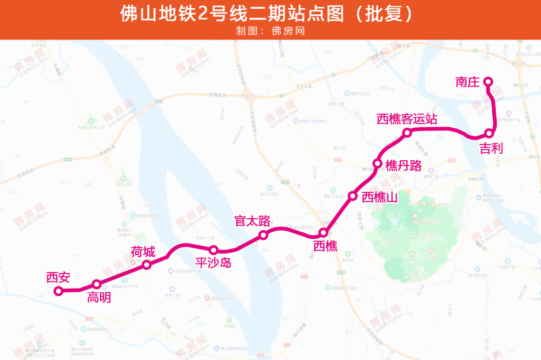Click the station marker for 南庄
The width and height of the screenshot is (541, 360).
487,82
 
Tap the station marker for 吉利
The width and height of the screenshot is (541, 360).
489,133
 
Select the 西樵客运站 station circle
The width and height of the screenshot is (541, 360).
407,133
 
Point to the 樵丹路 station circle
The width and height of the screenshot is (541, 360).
378,163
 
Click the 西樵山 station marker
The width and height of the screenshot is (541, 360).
353,196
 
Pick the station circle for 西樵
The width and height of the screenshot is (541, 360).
323,233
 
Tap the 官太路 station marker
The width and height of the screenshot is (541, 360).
263,235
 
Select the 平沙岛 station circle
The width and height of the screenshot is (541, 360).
214,250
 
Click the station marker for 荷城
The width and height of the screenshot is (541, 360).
147,264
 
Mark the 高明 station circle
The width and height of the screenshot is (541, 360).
96,284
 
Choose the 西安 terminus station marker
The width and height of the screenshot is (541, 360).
58,291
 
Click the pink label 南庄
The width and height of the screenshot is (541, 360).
467,82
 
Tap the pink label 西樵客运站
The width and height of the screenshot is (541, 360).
407,119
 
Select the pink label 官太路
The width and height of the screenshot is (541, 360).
252,221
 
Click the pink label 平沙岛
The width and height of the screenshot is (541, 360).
213,263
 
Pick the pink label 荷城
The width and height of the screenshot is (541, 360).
143,252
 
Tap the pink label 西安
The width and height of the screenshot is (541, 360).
58,278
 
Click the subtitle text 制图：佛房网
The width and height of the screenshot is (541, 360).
270,31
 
